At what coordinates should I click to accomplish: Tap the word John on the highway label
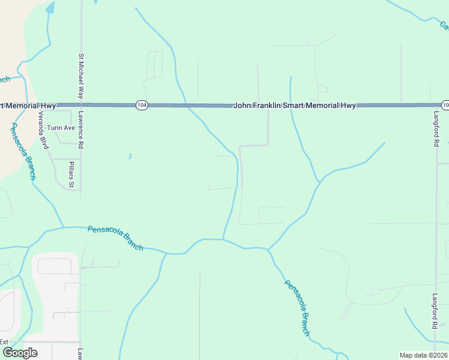click(x=241, y=105)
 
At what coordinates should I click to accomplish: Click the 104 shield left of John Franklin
click(x=141, y=105)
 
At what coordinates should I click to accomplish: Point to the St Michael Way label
click(x=80, y=76)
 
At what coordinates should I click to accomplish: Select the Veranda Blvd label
click(x=43, y=130)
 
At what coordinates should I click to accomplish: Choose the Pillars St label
click(x=71, y=174)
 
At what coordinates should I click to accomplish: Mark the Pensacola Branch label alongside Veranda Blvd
click(x=23, y=151)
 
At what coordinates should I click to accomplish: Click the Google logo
click(x=19, y=353)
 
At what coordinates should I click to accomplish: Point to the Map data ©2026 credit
click(x=424, y=355)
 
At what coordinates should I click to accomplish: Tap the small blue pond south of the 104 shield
click(x=130, y=157)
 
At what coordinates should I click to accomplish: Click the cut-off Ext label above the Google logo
click(x=4, y=341)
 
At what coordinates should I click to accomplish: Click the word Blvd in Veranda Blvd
click(x=44, y=142)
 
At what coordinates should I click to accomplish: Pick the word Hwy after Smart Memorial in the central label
click(x=348, y=105)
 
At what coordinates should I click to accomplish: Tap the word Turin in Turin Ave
click(x=55, y=128)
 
